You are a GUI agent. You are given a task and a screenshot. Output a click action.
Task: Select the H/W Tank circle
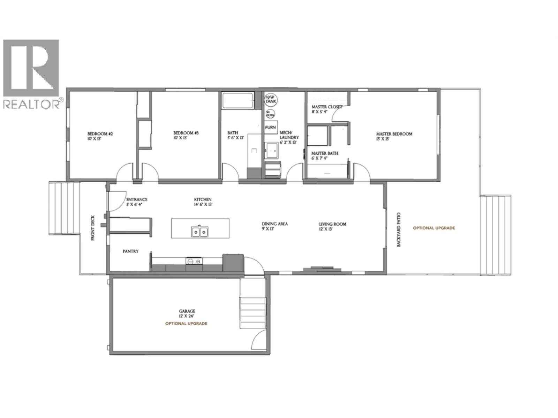point(270,99)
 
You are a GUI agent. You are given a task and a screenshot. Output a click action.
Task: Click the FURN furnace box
point(270,127)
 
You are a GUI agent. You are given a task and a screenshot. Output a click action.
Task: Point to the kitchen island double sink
point(200,231)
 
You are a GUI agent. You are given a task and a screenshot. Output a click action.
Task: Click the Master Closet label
point(327,109)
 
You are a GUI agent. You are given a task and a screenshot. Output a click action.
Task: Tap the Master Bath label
point(324,155)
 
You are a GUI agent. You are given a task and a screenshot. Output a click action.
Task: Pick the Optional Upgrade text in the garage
point(186,324)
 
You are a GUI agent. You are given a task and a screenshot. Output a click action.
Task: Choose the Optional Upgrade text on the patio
point(434,228)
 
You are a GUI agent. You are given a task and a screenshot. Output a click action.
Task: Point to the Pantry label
point(130,251)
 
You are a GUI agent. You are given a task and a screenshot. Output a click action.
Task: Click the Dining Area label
point(275,226)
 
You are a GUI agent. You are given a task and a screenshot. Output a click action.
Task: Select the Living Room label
point(332,226)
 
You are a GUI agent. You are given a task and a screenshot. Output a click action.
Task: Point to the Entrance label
point(136,202)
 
